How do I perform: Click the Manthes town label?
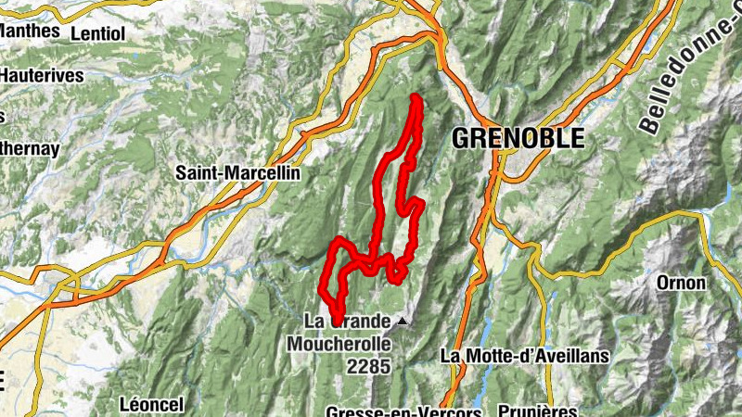(x=32, y=31)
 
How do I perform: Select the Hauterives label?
(x=42, y=75)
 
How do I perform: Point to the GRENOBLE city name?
(x=518, y=139)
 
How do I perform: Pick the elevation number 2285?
(x=369, y=368)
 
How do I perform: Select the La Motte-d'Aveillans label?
(x=524, y=355)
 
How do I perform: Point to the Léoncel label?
(x=152, y=404)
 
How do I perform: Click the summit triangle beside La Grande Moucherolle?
(x=402, y=322)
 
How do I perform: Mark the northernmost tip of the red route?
(x=415, y=97)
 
